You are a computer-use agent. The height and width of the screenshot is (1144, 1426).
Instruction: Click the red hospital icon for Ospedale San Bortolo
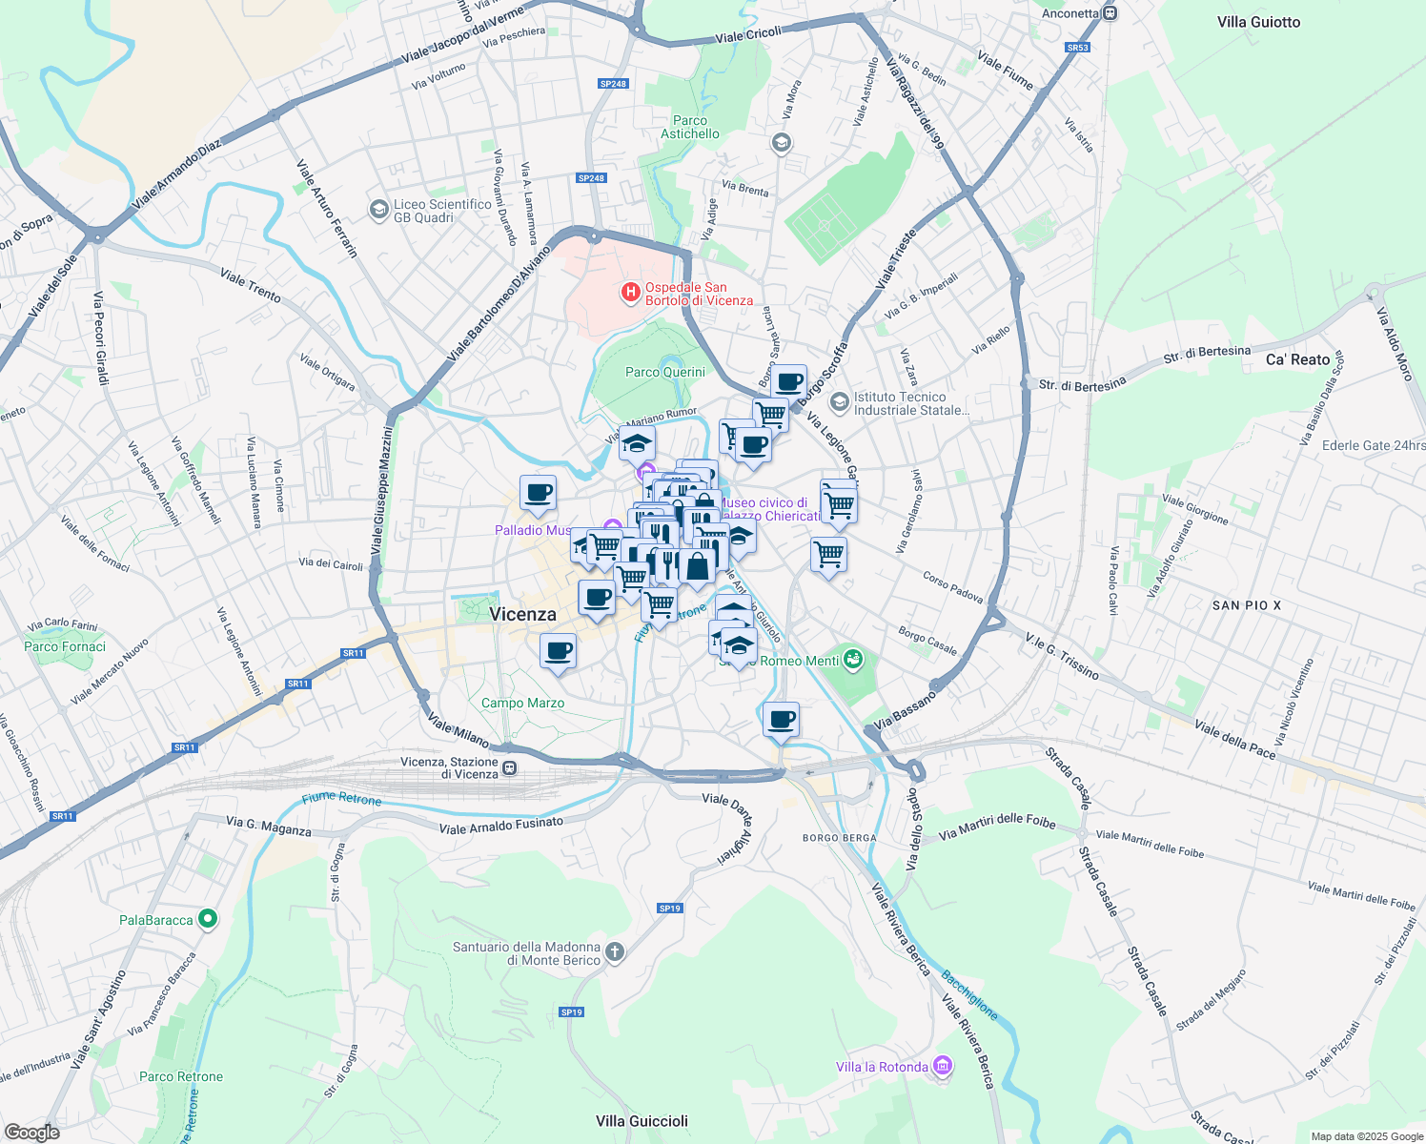tap(630, 293)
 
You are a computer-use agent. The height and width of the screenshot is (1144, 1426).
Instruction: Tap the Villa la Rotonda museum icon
tap(943, 1065)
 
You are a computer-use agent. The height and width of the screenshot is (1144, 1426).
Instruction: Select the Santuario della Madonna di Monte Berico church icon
tap(615, 951)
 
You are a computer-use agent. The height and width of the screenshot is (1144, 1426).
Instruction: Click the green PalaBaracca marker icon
tap(208, 919)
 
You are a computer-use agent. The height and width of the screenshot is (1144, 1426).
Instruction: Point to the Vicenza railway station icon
tap(511, 767)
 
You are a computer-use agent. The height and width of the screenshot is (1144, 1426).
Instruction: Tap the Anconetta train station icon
tap(1110, 13)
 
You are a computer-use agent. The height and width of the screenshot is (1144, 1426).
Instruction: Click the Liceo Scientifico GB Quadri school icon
tap(378, 209)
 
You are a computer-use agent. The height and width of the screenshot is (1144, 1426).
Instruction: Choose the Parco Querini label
tap(665, 372)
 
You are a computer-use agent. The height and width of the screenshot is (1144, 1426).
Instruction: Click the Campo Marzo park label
tap(522, 703)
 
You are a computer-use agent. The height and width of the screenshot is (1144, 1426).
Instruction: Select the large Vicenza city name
tap(522, 614)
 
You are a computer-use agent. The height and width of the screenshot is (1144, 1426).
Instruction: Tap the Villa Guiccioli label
tap(642, 1120)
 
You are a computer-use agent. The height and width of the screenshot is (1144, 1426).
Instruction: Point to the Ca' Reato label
tap(1297, 359)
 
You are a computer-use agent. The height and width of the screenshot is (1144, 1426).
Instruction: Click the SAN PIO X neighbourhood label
tap(1247, 605)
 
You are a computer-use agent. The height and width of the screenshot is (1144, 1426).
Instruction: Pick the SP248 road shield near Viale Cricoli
tap(613, 84)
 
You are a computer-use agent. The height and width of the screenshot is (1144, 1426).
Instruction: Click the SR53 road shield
tap(1077, 48)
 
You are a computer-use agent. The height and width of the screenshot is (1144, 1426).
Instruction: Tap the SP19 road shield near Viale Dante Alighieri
tap(670, 908)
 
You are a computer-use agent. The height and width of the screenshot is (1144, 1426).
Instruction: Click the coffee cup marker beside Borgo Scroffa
tap(788, 382)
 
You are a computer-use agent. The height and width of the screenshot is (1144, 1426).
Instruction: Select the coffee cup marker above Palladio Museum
tap(538, 493)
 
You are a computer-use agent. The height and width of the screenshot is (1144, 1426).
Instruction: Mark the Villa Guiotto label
tap(1258, 22)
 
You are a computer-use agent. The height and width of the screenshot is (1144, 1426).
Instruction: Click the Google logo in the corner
tap(31, 1132)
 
